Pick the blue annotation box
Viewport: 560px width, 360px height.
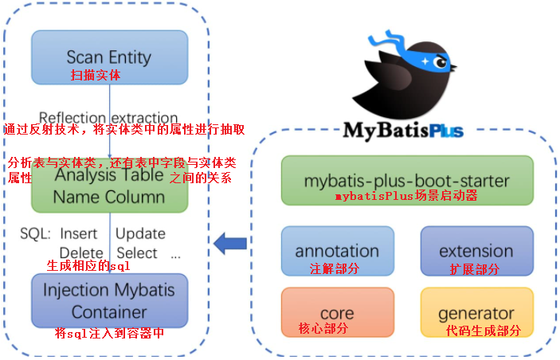(x=337, y=249)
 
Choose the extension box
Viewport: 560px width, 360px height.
(x=476, y=249)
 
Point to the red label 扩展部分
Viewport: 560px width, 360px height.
(x=475, y=269)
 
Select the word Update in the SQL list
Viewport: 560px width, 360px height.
(x=140, y=233)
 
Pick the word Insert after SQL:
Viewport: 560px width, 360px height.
(x=79, y=233)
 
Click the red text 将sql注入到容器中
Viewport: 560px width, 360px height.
(x=110, y=333)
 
